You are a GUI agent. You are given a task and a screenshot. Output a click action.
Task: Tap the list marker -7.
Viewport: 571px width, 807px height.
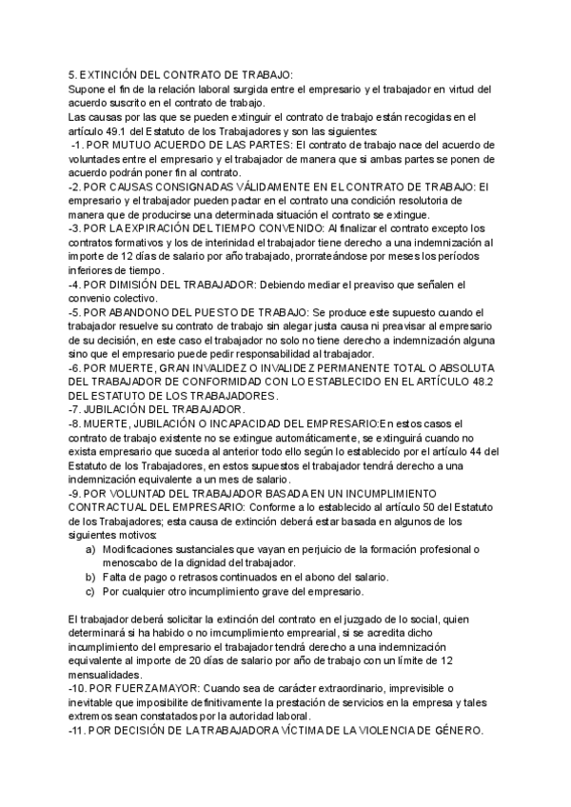(x=76, y=410)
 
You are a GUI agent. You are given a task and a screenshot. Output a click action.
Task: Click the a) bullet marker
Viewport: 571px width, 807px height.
(x=90, y=550)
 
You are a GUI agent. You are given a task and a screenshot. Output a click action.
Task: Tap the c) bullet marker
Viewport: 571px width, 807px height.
(x=90, y=592)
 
